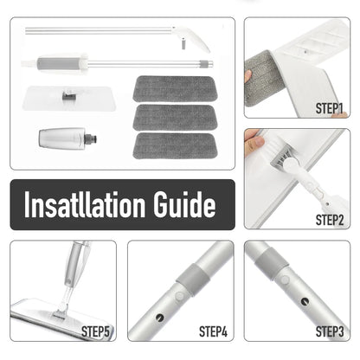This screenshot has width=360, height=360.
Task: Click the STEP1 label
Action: tap(331, 110)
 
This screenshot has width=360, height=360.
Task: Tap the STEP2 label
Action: tap(331, 219)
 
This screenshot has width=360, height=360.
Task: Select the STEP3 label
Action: tap(330, 331)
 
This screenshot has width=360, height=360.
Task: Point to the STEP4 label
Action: tap(213, 331)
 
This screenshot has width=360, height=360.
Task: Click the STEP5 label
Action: tap(96, 331)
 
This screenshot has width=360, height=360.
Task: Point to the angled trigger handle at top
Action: tap(191, 37)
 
